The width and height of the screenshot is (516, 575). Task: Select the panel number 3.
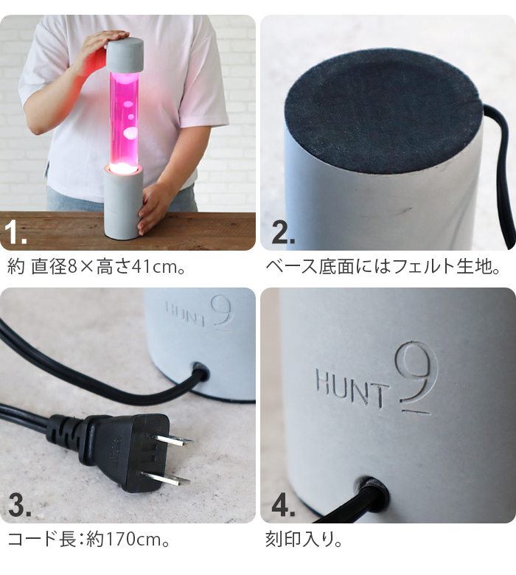20,506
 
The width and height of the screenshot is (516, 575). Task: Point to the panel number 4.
284,506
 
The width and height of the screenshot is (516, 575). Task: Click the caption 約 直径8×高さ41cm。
96,266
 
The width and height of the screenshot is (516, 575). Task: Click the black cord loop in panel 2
503,170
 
